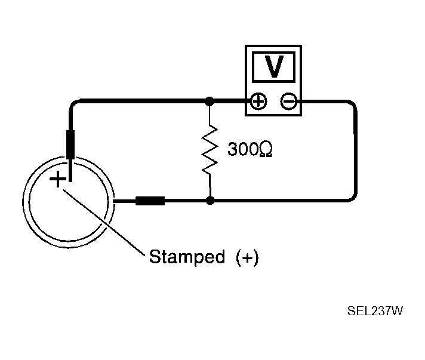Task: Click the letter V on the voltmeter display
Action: pos(274,67)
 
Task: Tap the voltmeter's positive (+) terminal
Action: pos(258,102)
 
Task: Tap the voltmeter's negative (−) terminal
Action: pos(289,102)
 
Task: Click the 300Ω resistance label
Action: pos(251,149)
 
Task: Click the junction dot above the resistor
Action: pos(210,102)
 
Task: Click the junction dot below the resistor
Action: pos(210,201)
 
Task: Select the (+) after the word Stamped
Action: pos(247,257)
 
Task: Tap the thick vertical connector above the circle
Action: pos(70,146)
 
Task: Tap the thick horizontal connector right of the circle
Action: pos(150,201)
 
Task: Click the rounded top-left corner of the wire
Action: pos(73,105)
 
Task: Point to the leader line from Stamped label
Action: pos(104,221)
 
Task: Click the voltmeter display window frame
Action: pos(274,56)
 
